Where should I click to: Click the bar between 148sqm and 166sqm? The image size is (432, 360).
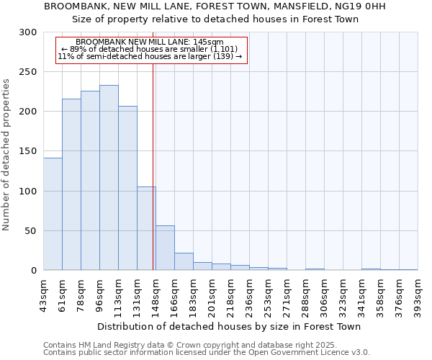[165, 248]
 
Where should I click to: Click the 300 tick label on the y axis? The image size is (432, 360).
[28, 32]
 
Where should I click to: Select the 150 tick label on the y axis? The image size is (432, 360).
[28, 151]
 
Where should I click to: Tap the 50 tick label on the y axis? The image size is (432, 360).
[31, 231]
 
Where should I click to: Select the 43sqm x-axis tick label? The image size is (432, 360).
[44, 294]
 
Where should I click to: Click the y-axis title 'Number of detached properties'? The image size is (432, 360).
[6, 155]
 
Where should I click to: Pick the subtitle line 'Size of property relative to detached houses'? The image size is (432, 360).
[215, 19]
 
